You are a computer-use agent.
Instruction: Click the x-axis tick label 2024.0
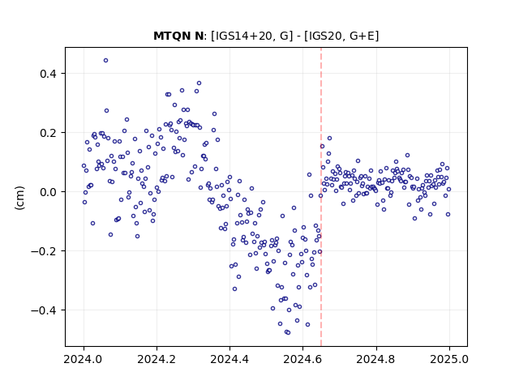tap(84, 359)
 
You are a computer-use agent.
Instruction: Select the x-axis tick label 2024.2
tap(157, 359)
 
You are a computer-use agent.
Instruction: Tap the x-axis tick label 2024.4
tap(229, 359)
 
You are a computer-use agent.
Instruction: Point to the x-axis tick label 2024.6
tap(302, 359)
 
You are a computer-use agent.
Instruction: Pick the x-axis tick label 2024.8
tap(375, 359)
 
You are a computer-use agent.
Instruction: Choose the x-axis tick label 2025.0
tap(449, 359)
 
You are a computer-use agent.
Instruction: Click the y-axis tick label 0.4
tap(48, 74)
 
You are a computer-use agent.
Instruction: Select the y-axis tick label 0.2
tap(48, 133)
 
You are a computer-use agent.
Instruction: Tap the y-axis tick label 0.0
tap(48, 192)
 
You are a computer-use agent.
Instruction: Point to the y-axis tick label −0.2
tap(44, 251)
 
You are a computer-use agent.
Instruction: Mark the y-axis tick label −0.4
tap(44, 310)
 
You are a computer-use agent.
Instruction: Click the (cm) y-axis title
tap(19, 198)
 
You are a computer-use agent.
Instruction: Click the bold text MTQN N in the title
tap(178, 36)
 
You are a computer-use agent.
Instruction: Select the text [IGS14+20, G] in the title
tap(252, 36)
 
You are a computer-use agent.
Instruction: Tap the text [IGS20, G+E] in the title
tap(341, 36)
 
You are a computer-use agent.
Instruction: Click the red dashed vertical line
tap(321, 197)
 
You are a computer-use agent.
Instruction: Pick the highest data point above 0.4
tap(106, 61)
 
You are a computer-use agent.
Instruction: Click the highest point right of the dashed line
tap(329, 139)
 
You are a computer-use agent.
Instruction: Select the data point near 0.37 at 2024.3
tap(199, 83)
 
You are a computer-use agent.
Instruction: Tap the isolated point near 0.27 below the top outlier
tap(106, 111)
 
